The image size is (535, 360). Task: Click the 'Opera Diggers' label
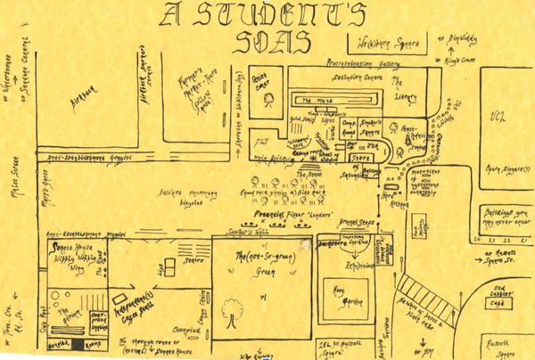(505, 168)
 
